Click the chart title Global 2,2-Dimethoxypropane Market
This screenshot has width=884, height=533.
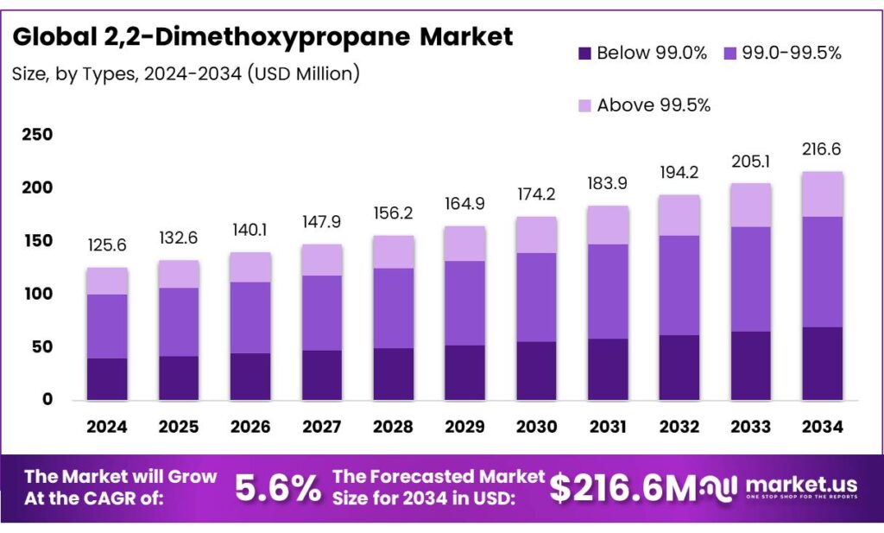coord(262,37)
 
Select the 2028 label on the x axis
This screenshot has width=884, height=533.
coord(393,427)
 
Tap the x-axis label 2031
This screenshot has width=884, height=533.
coord(607,427)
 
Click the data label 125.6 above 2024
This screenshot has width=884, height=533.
coord(107,246)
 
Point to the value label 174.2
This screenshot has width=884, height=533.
coord(535,195)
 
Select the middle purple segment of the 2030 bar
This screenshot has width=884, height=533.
coord(535,297)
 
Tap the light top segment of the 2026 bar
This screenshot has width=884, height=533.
coord(249,267)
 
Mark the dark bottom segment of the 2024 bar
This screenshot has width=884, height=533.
coord(107,378)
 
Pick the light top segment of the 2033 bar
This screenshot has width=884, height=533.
coord(750,205)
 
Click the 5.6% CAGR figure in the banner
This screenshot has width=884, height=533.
coord(277,489)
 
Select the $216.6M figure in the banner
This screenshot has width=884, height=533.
coord(622,489)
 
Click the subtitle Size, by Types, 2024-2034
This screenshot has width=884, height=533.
coord(186,74)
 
